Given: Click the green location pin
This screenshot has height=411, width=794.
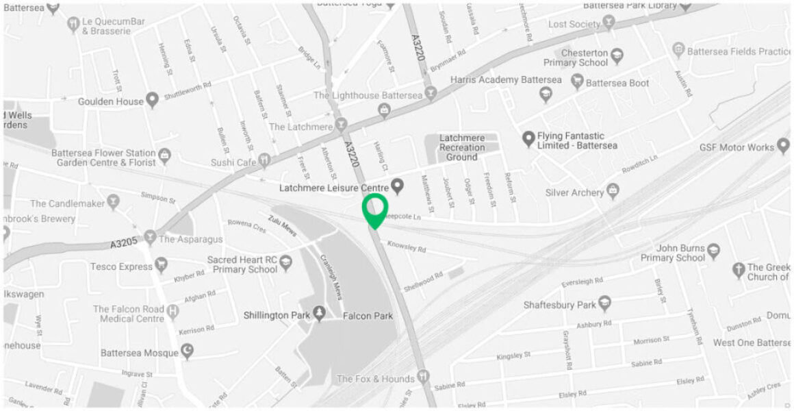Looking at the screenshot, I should [x=374, y=209].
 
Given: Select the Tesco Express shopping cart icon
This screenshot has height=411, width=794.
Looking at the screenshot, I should [x=162, y=264].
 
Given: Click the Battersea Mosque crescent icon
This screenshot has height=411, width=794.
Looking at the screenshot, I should [x=186, y=351].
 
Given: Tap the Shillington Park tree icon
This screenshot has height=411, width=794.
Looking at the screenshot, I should [x=319, y=314].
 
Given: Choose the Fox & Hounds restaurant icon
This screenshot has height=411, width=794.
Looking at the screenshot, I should [x=424, y=376].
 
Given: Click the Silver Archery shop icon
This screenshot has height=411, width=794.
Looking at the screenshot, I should [x=613, y=190].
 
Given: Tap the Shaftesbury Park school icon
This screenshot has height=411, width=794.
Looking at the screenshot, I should [x=604, y=303].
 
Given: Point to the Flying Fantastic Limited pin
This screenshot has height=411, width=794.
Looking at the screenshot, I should [x=528, y=138].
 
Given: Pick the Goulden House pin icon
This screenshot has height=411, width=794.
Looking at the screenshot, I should [x=153, y=101].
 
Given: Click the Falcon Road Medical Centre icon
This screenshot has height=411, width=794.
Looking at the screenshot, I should [x=174, y=312].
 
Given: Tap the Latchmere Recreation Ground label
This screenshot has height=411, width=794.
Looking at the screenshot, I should [x=462, y=147].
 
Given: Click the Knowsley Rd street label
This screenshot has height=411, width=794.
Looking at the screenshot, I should [x=406, y=246].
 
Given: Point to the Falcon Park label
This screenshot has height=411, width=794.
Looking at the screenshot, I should [x=368, y=316].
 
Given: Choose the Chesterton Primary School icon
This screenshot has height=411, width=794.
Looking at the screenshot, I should [x=617, y=55].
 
